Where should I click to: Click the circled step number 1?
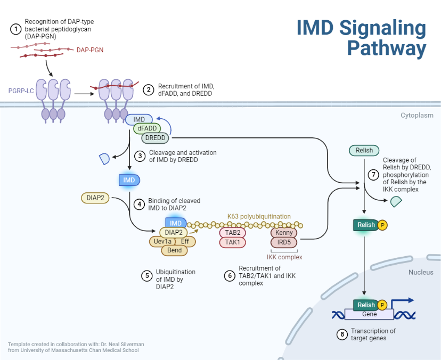point(16,29)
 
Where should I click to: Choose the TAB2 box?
point(232,233)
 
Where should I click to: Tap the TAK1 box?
point(232,242)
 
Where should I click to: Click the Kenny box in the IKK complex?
point(284,233)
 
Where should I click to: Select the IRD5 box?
point(284,242)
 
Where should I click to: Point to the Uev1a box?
point(162,241)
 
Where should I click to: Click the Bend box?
point(175,250)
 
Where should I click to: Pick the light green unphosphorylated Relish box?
point(364,151)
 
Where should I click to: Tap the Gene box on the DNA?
point(369,314)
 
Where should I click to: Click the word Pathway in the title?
point(386,48)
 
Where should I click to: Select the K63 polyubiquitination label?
point(259,216)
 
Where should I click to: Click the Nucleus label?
point(421,273)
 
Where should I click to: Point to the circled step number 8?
point(342,335)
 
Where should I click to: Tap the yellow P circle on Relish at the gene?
point(382,305)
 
